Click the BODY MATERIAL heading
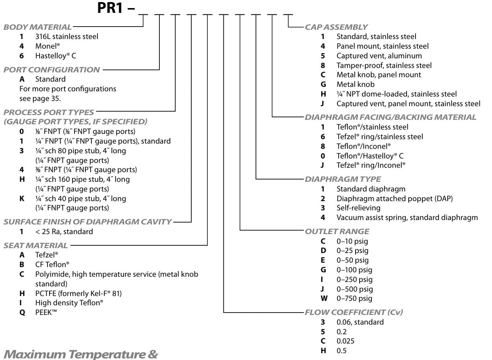tap(37, 27)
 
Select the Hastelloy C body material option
tap(56, 56)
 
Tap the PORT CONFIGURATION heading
tap(52, 70)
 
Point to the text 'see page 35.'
tap(40, 99)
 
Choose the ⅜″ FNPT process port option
tap(86, 170)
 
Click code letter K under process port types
tap(22, 199)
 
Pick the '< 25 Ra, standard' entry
tap(64, 232)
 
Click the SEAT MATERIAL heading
tap(36, 245)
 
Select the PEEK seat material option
tap(46, 313)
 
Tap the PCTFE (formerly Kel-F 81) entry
tap(78, 293)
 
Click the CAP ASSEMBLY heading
tap(336, 27)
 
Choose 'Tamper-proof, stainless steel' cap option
tap(384, 66)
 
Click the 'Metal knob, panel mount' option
tap(378, 75)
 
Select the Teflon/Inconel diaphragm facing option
tap(364, 146)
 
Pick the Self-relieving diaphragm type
tap(358, 208)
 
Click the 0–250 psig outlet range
tap(354, 280)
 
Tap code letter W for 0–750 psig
tap(324, 298)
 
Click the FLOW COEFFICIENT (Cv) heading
tap(353, 312)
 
